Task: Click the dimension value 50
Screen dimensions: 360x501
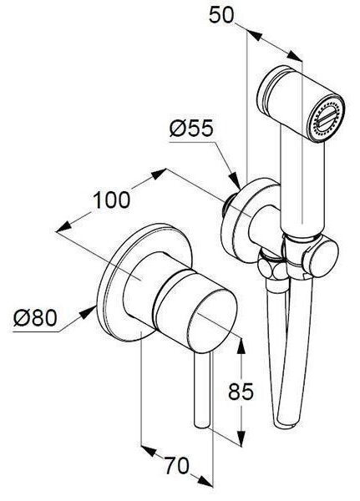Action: (x=221, y=15)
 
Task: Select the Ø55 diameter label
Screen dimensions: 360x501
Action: (x=191, y=129)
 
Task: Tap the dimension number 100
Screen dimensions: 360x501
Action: (x=112, y=200)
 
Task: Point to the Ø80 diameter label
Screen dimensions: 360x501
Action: (x=35, y=318)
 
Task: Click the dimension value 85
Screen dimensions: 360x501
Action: (x=241, y=391)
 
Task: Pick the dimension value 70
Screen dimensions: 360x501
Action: (x=177, y=465)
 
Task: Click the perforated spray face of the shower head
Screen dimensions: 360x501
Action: (x=326, y=119)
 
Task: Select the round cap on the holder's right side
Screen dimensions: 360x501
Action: (x=321, y=259)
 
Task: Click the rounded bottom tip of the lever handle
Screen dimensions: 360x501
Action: (x=202, y=424)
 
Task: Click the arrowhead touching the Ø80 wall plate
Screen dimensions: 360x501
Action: (x=89, y=311)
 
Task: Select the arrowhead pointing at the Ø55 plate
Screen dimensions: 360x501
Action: (x=236, y=182)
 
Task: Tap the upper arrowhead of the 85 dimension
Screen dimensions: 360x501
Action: (x=241, y=346)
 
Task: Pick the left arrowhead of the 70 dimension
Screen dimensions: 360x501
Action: (x=149, y=450)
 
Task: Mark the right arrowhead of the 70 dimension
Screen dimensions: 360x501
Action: (x=205, y=481)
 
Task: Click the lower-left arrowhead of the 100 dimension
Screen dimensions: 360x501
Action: (x=63, y=226)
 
